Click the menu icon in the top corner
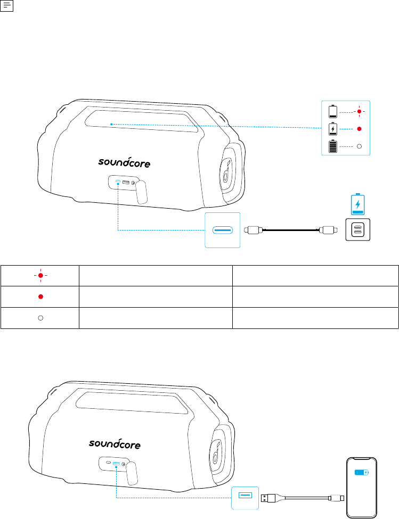click(6, 6)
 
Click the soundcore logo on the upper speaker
click(124, 162)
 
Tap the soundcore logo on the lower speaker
click(115, 443)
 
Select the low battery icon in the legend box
click(333, 112)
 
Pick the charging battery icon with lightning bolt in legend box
click(333, 129)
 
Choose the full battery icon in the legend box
click(333, 146)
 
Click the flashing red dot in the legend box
click(359, 112)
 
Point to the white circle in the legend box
click(359, 146)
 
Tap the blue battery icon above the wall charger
click(357, 204)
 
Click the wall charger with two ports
click(358, 230)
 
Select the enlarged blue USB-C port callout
click(223, 230)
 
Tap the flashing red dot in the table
click(40, 275)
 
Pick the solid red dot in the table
click(40, 296)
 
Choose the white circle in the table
click(40, 318)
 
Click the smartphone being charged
click(362, 488)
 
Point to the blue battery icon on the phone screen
click(361, 472)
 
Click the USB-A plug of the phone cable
click(268, 498)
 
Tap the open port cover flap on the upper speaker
click(141, 192)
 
